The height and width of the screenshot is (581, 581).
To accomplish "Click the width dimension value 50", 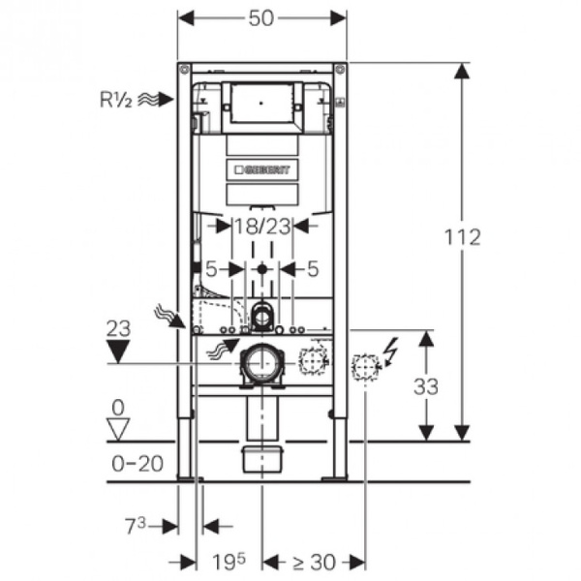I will tap(261, 17).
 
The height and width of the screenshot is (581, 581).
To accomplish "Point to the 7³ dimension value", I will tap(136, 525).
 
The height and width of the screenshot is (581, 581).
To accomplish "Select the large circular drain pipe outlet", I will tap(261, 364).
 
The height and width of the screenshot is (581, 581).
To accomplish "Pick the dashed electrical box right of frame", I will tap(365, 367).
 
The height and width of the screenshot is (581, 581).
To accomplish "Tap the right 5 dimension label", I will tap(312, 268).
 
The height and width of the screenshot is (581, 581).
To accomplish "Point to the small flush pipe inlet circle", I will tap(261, 314).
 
